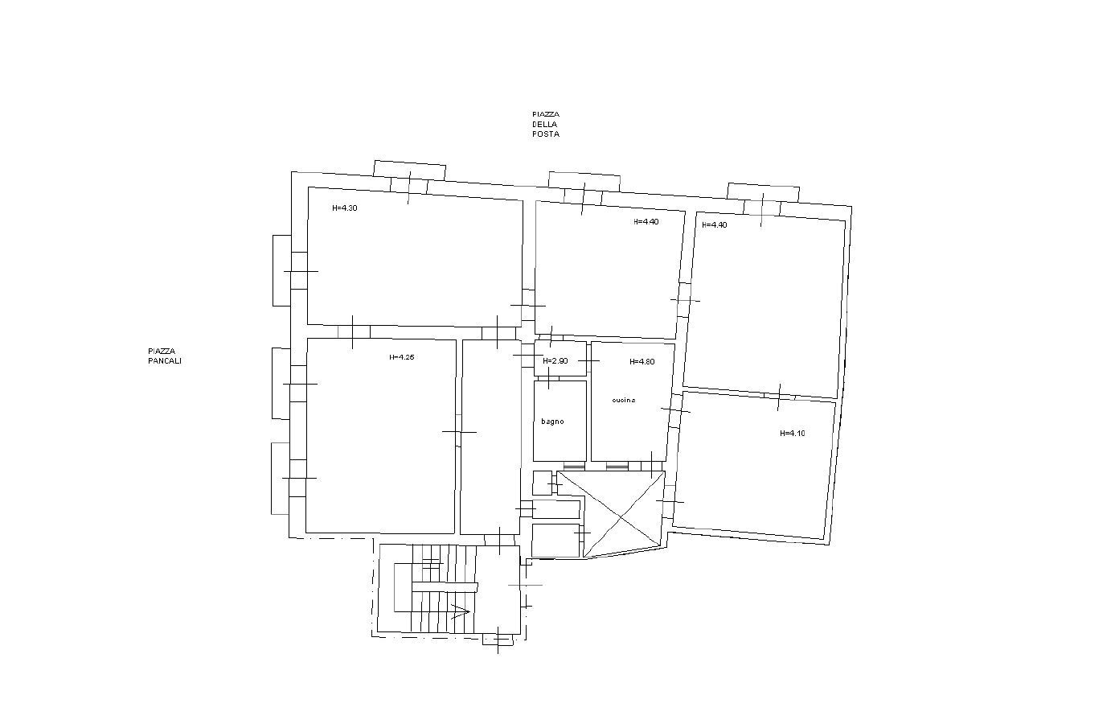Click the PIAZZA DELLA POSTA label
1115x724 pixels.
point(545,125)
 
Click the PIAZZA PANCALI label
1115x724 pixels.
point(164,356)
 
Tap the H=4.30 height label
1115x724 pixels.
point(344,208)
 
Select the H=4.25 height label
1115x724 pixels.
point(401,358)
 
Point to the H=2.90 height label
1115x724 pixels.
point(555,361)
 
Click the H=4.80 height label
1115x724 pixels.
point(642,362)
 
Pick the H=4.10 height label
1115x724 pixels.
point(792,434)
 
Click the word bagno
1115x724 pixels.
point(552,422)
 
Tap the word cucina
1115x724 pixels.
point(623,400)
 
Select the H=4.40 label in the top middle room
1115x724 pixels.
point(646,222)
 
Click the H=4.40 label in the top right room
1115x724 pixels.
point(714,225)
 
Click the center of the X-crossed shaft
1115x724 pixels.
point(611,514)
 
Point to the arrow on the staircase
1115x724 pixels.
point(460,611)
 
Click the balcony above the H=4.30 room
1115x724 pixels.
point(409,170)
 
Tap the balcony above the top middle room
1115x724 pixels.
point(584,181)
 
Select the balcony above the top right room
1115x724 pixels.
point(763,192)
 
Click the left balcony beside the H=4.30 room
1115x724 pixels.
point(281,270)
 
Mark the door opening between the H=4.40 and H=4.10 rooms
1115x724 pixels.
point(779,395)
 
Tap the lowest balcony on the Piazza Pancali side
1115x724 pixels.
point(280,478)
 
